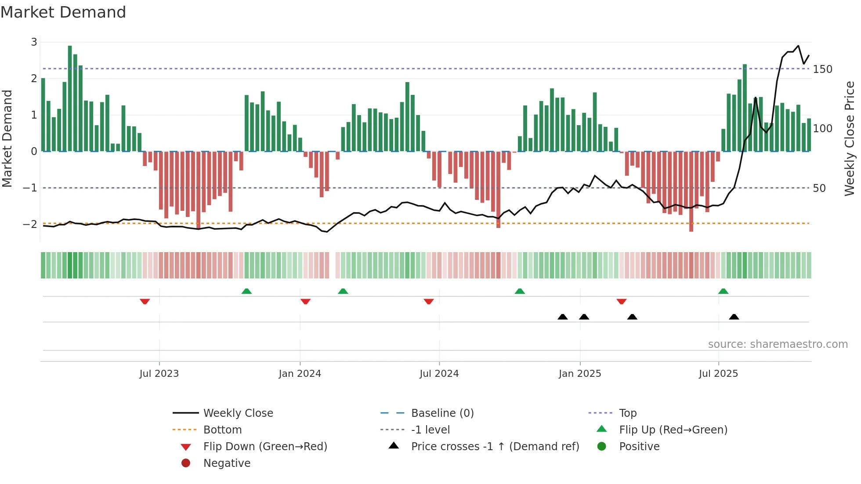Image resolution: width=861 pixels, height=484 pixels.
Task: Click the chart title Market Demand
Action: click(x=63, y=12)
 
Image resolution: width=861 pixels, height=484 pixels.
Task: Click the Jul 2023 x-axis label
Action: click(x=159, y=374)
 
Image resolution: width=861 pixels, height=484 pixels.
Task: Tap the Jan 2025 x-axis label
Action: click(x=580, y=374)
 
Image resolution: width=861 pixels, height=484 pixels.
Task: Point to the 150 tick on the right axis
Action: click(x=822, y=69)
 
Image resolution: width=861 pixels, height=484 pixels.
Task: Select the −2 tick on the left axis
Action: click(x=30, y=224)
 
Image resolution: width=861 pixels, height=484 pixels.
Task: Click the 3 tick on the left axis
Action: click(x=34, y=42)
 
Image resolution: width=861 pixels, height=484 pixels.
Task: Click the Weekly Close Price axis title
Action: click(x=850, y=138)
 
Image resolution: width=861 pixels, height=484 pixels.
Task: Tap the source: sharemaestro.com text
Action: click(x=778, y=344)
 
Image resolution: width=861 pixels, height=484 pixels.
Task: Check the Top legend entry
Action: click(x=628, y=413)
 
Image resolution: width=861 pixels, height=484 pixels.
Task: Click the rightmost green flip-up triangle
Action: click(x=723, y=291)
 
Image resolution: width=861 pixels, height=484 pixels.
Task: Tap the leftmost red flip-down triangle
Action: click(x=145, y=301)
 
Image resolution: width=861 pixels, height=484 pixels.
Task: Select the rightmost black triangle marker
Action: click(x=734, y=317)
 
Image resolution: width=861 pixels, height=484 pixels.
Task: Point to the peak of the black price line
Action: click(x=798, y=46)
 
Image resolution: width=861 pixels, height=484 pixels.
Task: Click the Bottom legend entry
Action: click(x=222, y=430)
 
